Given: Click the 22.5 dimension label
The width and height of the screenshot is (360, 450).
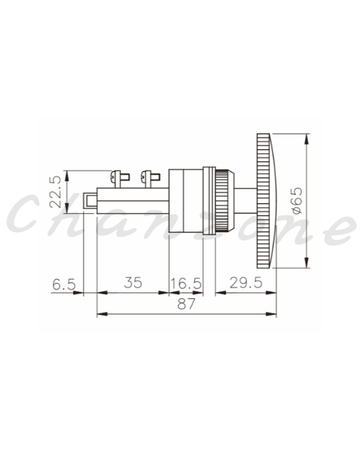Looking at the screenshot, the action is tap(55, 192).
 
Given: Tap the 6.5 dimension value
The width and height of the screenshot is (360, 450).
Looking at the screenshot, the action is tap(64, 284).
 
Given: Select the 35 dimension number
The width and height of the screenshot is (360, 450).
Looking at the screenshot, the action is tap(133, 283).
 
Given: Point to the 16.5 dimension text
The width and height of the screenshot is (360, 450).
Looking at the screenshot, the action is tap(186, 284).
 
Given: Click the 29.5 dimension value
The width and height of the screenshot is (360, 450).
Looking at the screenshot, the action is tap(246, 283).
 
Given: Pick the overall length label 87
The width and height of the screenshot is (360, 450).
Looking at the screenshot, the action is tap(186, 304).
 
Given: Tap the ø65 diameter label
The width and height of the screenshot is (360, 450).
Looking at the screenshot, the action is tap(297, 201).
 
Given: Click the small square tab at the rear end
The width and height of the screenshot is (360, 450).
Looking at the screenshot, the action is tap(89, 201).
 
